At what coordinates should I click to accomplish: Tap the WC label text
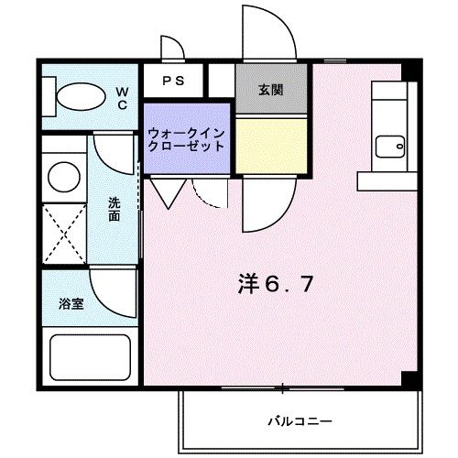click(122, 97)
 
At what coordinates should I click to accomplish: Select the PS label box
click(173, 81)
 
